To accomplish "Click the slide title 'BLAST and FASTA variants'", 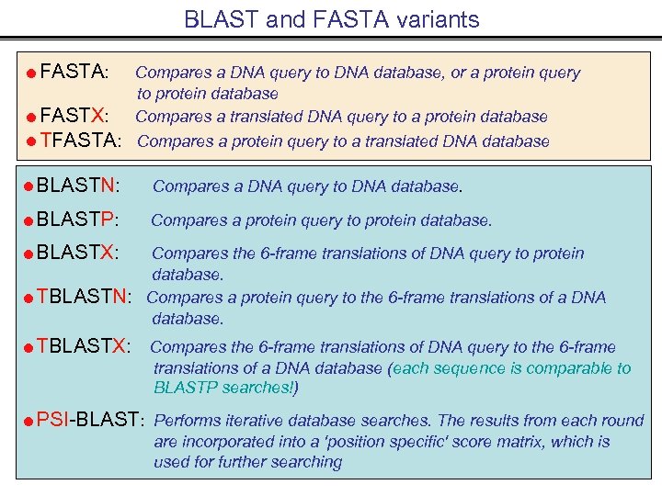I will click(331, 19).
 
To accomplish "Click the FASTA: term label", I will click(75, 71).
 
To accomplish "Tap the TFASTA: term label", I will click(81, 141).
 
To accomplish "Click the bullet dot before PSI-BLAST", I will click(29, 422).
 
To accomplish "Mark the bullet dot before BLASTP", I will click(29, 221).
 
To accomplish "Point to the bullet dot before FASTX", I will click(31, 118).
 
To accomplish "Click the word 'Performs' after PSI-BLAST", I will click(187, 421).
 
